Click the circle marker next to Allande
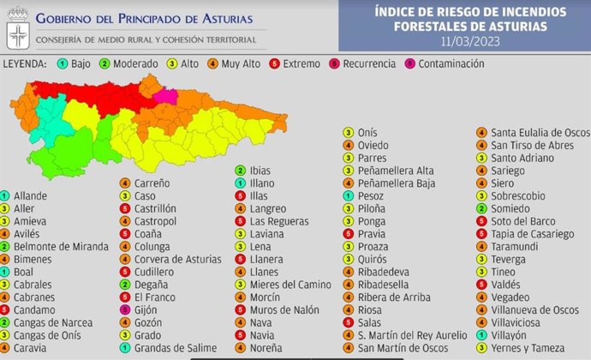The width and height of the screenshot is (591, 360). [6, 196]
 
